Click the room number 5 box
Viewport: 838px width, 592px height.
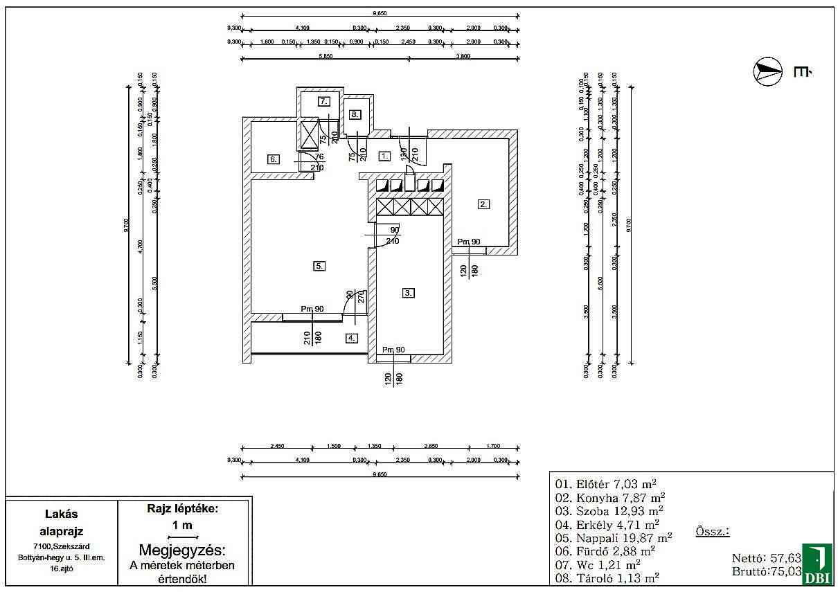tap(319, 266)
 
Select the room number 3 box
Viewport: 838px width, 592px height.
tap(409, 293)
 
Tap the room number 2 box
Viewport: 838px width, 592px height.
tap(483, 204)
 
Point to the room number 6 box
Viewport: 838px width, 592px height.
tap(274, 159)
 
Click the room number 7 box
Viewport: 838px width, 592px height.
tap(323, 101)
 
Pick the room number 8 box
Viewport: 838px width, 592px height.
tap(355, 114)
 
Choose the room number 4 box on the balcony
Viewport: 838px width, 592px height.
tap(352, 339)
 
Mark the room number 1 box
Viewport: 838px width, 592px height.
tap(385, 156)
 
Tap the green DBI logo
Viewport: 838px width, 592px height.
tap(817, 564)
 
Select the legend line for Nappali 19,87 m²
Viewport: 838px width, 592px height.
tap(614, 537)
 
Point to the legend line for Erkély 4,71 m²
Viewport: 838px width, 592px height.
tap(607, 524)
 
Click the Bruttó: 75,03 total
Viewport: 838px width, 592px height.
tap(767, 572)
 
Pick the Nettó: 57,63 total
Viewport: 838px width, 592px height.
tap(767, 558)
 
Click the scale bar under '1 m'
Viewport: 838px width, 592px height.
tap(182, 537)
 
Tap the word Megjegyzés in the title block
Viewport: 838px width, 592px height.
tap(182, 550)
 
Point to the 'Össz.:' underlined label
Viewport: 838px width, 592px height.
tap(711, 532)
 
